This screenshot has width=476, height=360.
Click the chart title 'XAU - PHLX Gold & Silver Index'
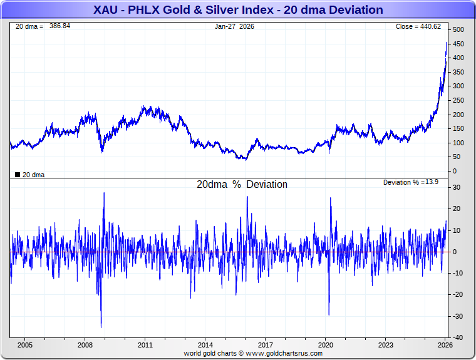[x=238, y=10]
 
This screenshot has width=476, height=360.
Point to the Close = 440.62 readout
[x=418, y=26]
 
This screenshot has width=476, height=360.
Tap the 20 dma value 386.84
[x=60, y=26]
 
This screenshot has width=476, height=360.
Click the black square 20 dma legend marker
[x=18, y=175]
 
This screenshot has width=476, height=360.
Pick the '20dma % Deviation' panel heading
[x=242, y=185]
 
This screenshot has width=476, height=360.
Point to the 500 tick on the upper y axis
[x=458, y=30]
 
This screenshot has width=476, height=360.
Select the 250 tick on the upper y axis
[x=458, y=101]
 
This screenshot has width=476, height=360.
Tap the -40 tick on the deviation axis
[x=458, y=337]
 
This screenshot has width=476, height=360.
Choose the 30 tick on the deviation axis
[x=457, y=187]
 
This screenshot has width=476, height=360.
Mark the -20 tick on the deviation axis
[x=458, y=295]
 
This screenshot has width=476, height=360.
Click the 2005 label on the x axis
[x=25, y=345]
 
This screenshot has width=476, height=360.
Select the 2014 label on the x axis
[x=205, y=345]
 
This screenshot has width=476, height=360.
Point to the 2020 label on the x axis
[x=326, y=345]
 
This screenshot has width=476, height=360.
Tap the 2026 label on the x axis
[x=445, y=345]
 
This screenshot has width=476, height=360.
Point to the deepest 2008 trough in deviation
[x=101, y=327]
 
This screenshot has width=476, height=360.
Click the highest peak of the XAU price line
[x=446, y=43]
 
